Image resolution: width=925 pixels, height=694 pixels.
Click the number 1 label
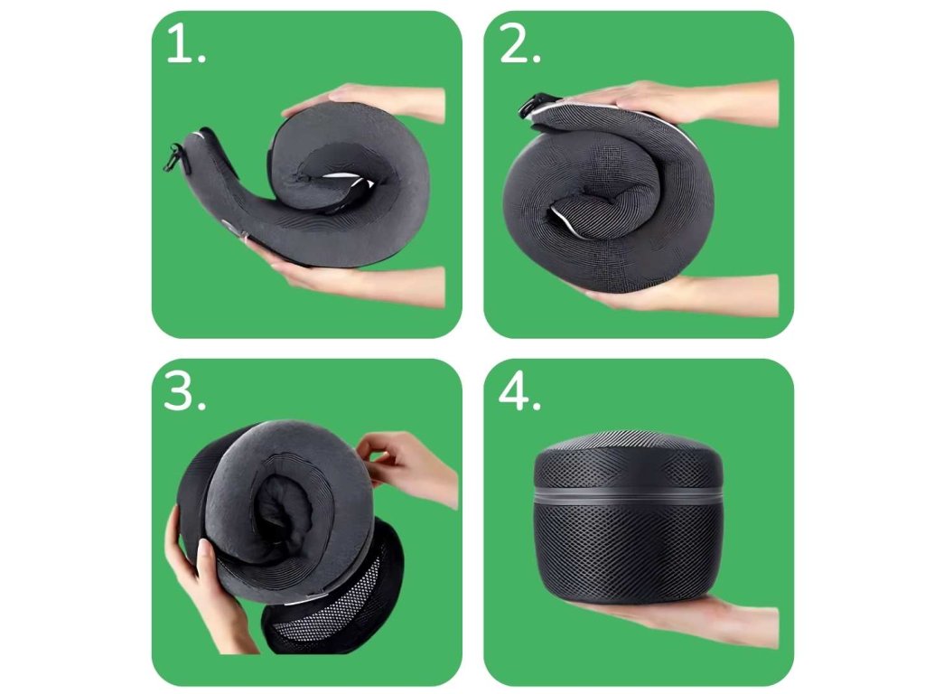(186, 43)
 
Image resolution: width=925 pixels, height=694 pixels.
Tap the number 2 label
(519, 43)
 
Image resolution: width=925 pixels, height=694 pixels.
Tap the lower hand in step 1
(354, 277)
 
